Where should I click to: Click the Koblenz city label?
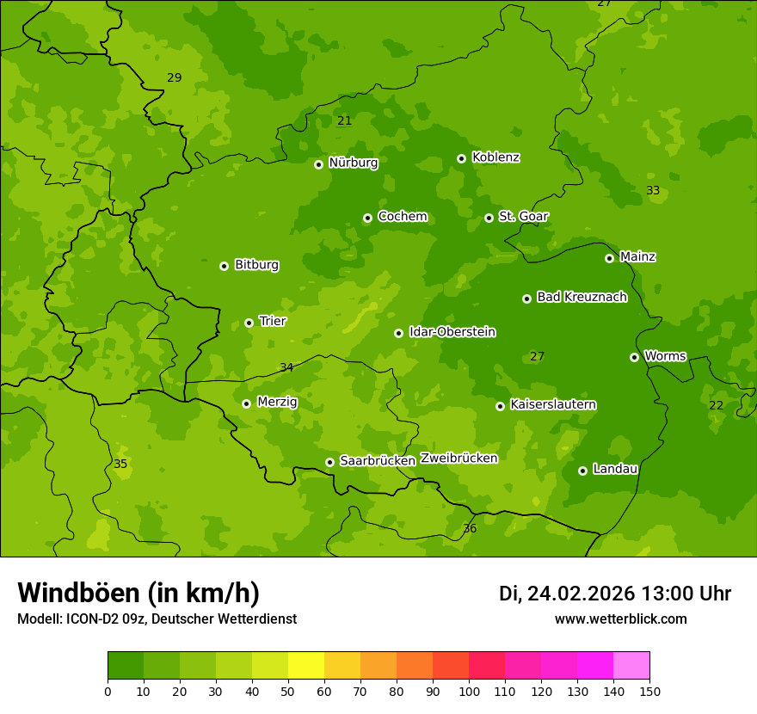(495, 157)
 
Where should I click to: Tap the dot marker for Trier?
(249, 323)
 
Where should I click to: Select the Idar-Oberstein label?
(452, 332)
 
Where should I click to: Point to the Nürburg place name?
(353, 163)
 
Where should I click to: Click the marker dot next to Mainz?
(609, 258)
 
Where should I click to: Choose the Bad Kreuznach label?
(582, 297)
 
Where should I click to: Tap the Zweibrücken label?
(459, 459)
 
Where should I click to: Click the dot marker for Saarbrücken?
(329, 462)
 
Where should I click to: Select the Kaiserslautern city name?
(553, 404)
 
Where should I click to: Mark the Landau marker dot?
(582, 471)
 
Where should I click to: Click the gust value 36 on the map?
(470, 528)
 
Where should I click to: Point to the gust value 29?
(175, 78)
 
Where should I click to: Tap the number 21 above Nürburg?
(345, 121)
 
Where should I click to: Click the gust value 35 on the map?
(120, 465)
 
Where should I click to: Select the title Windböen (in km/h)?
(138, 593)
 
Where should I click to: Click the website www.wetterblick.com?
(620, 619)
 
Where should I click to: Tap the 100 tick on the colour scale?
(469, 691)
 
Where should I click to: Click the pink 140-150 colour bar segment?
(631, 666)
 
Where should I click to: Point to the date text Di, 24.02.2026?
(567, 594)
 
